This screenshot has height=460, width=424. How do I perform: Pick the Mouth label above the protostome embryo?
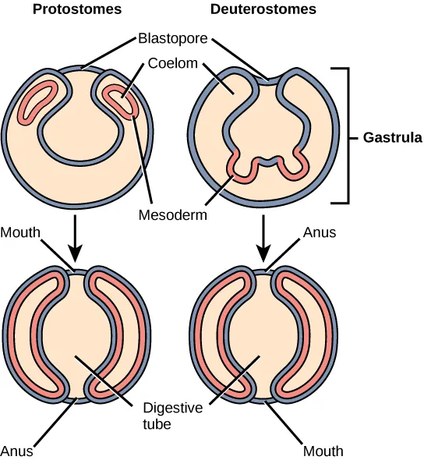pos(19,232)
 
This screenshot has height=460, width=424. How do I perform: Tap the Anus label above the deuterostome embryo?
pos(320,232)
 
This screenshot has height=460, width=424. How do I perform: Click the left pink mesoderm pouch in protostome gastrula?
pos(37,100)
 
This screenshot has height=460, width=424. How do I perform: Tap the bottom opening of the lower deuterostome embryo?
pos(265,400)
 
